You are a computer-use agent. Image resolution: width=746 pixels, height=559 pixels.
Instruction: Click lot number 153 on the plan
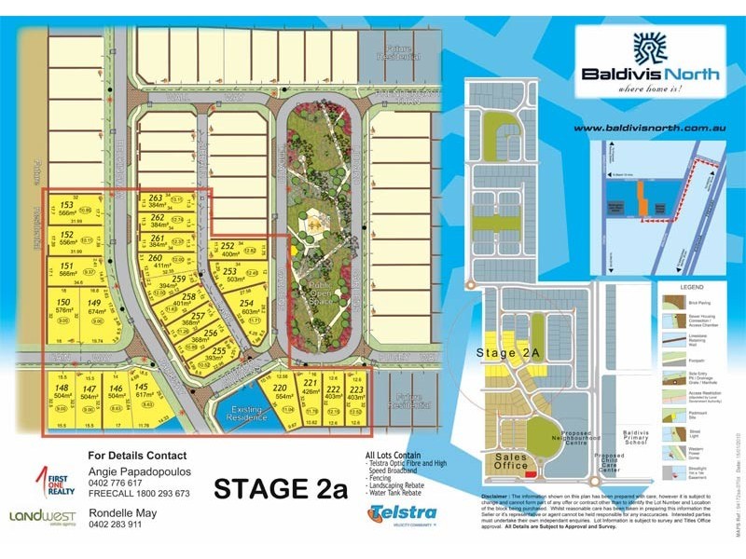[66, 206]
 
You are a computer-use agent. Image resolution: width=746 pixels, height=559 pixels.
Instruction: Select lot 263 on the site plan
[157, 199]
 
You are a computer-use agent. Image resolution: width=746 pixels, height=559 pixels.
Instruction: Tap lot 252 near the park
[228, 246]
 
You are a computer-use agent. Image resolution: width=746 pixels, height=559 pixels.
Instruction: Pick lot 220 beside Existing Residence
[279, 388]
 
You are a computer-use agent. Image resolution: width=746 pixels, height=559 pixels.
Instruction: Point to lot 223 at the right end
[356, 389]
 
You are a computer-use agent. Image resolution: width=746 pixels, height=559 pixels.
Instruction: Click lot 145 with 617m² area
[141, 389]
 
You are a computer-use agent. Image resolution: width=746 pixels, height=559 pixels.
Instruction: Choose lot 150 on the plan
[63, 304]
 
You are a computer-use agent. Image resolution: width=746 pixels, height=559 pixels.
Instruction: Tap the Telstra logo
[402, 513]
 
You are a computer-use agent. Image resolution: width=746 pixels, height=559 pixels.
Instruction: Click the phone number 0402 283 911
[128, 525]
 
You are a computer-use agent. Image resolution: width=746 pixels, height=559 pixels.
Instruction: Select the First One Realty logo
[51, 483]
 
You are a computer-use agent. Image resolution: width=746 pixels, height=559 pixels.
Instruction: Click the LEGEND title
[691, 287]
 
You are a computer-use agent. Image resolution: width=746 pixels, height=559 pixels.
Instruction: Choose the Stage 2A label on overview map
[508, 353]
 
